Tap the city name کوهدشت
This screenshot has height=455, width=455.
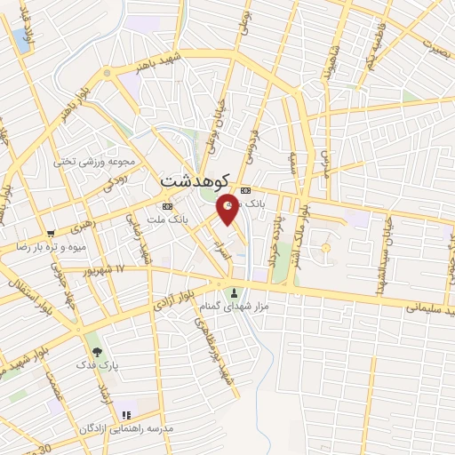pyautogui.click(x=195, y=180)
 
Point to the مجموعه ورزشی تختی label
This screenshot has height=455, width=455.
pyautogui.click(x=94, y=162)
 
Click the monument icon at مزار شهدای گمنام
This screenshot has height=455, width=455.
pyautogui.click(x=235, y=294)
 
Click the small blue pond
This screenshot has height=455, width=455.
pyautogui.click(x=20, y=39)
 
